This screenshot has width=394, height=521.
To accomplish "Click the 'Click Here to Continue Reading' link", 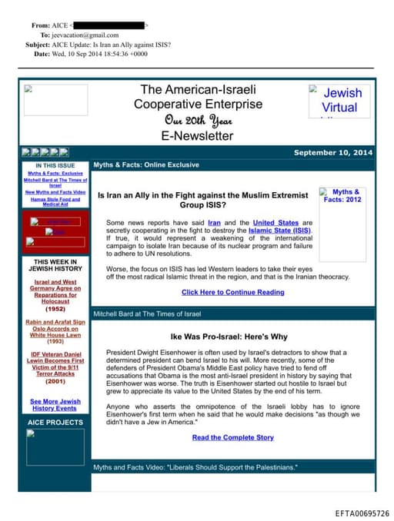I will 232,292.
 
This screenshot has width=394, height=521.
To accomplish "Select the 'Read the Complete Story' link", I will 232,437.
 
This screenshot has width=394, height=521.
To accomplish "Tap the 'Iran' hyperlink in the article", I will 214,223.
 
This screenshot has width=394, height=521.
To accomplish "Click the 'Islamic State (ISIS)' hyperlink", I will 280,230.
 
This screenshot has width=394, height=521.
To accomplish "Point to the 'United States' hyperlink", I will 275,223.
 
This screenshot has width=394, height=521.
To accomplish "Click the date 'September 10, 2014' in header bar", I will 332,153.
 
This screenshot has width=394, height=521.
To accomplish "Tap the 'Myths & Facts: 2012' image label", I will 342,196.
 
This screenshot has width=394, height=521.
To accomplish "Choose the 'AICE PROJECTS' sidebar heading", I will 55,423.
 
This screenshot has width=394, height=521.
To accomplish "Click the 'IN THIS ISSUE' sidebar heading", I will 55,165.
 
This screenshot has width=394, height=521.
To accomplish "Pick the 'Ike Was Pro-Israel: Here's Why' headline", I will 229,337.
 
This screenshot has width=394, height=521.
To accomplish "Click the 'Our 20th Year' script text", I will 198,121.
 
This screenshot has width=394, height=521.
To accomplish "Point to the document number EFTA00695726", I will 362,513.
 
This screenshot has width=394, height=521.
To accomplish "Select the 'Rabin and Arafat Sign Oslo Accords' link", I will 55,328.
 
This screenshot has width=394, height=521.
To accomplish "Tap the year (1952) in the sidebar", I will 55,308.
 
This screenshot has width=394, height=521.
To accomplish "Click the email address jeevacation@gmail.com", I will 85,35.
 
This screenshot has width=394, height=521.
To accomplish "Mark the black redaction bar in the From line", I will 109,25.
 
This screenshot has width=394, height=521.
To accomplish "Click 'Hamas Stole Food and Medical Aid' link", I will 55,201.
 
